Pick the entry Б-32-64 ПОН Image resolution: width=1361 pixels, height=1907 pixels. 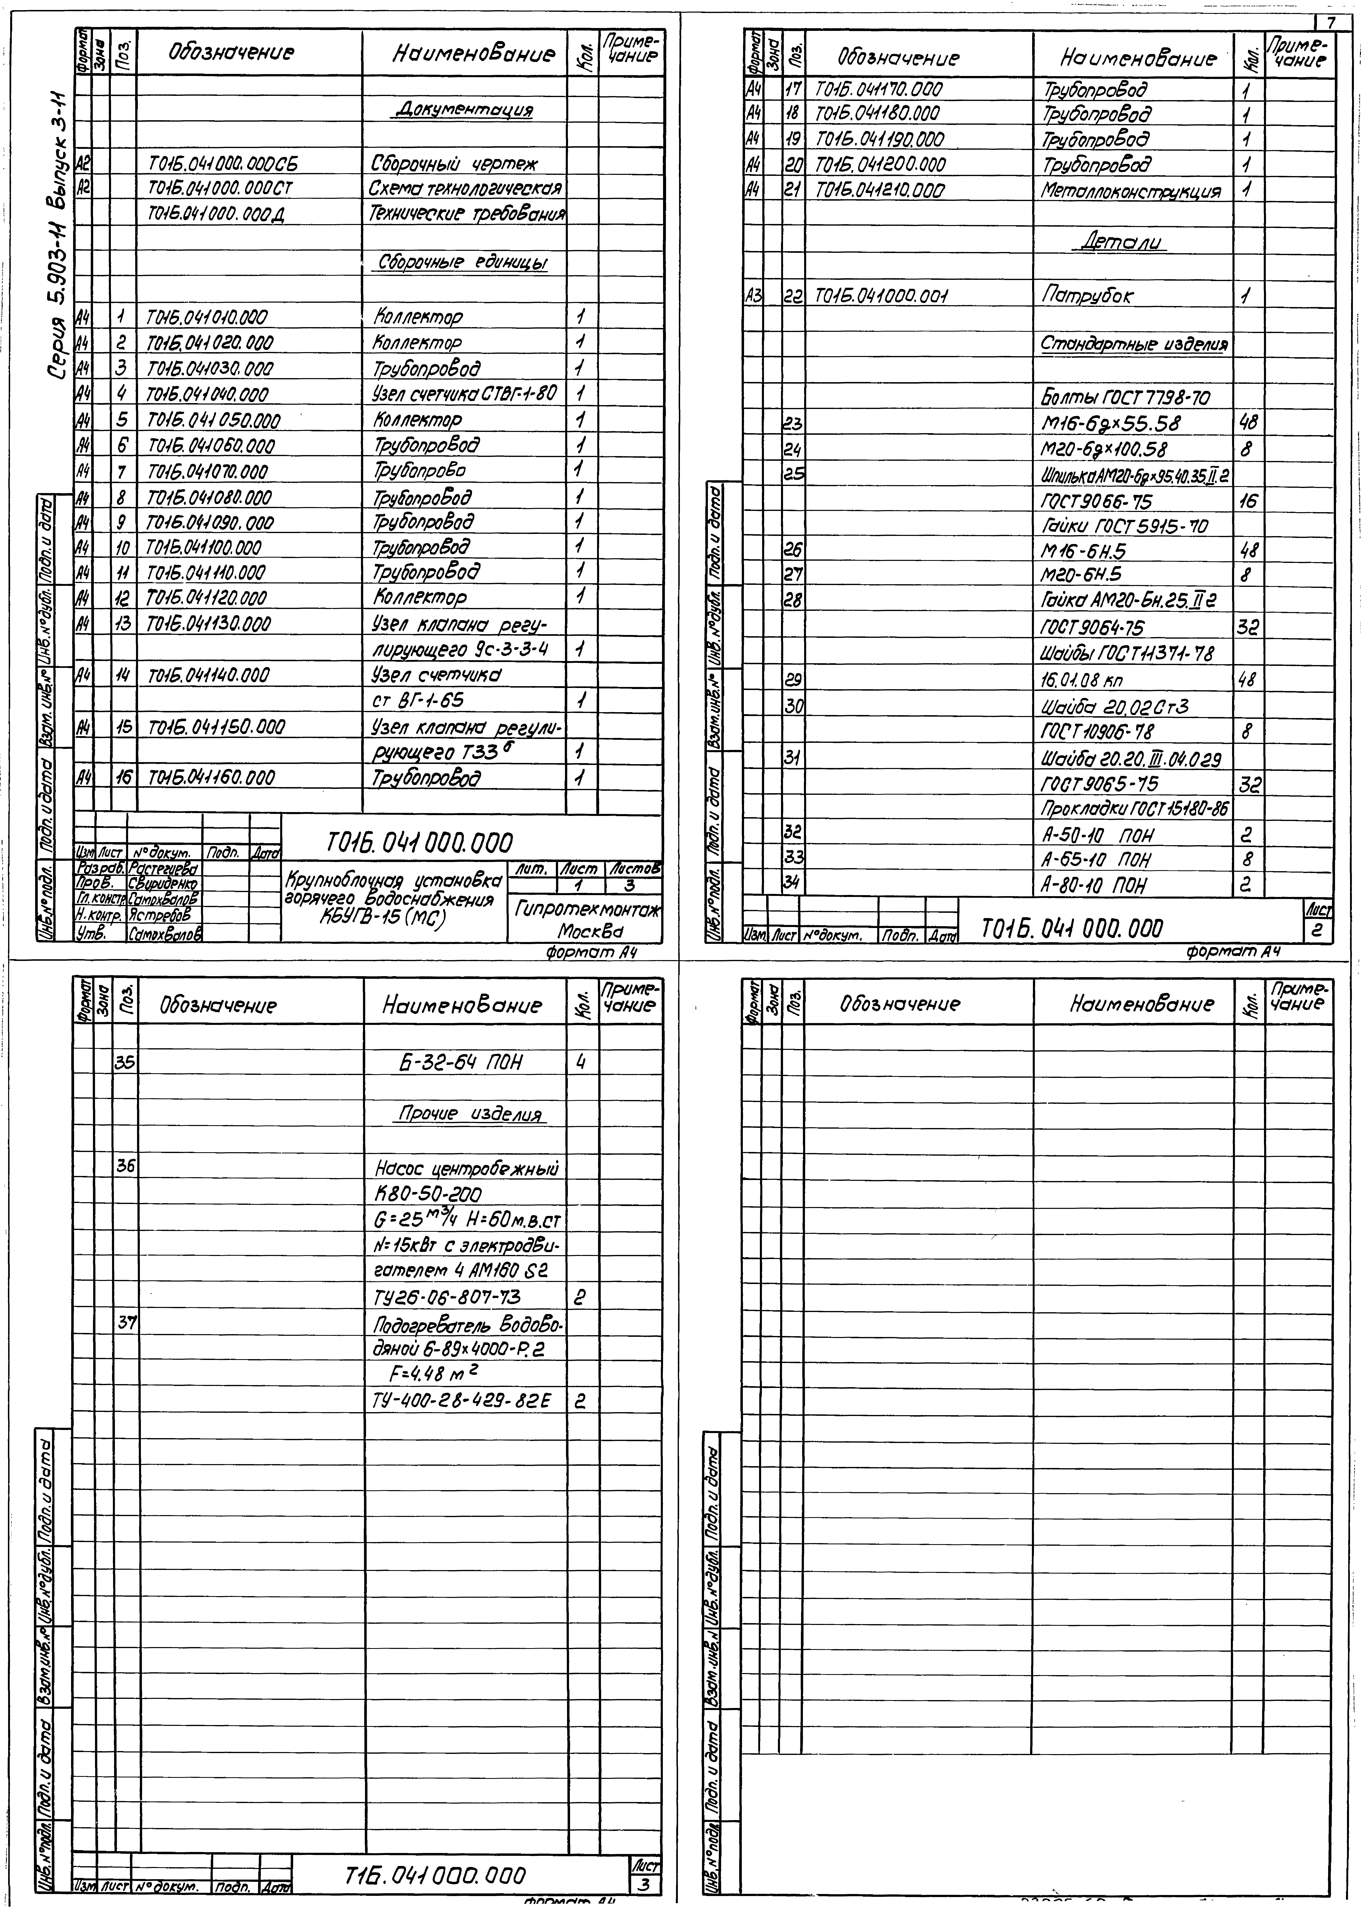459,1063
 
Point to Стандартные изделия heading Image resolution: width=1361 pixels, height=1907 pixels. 1134,345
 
